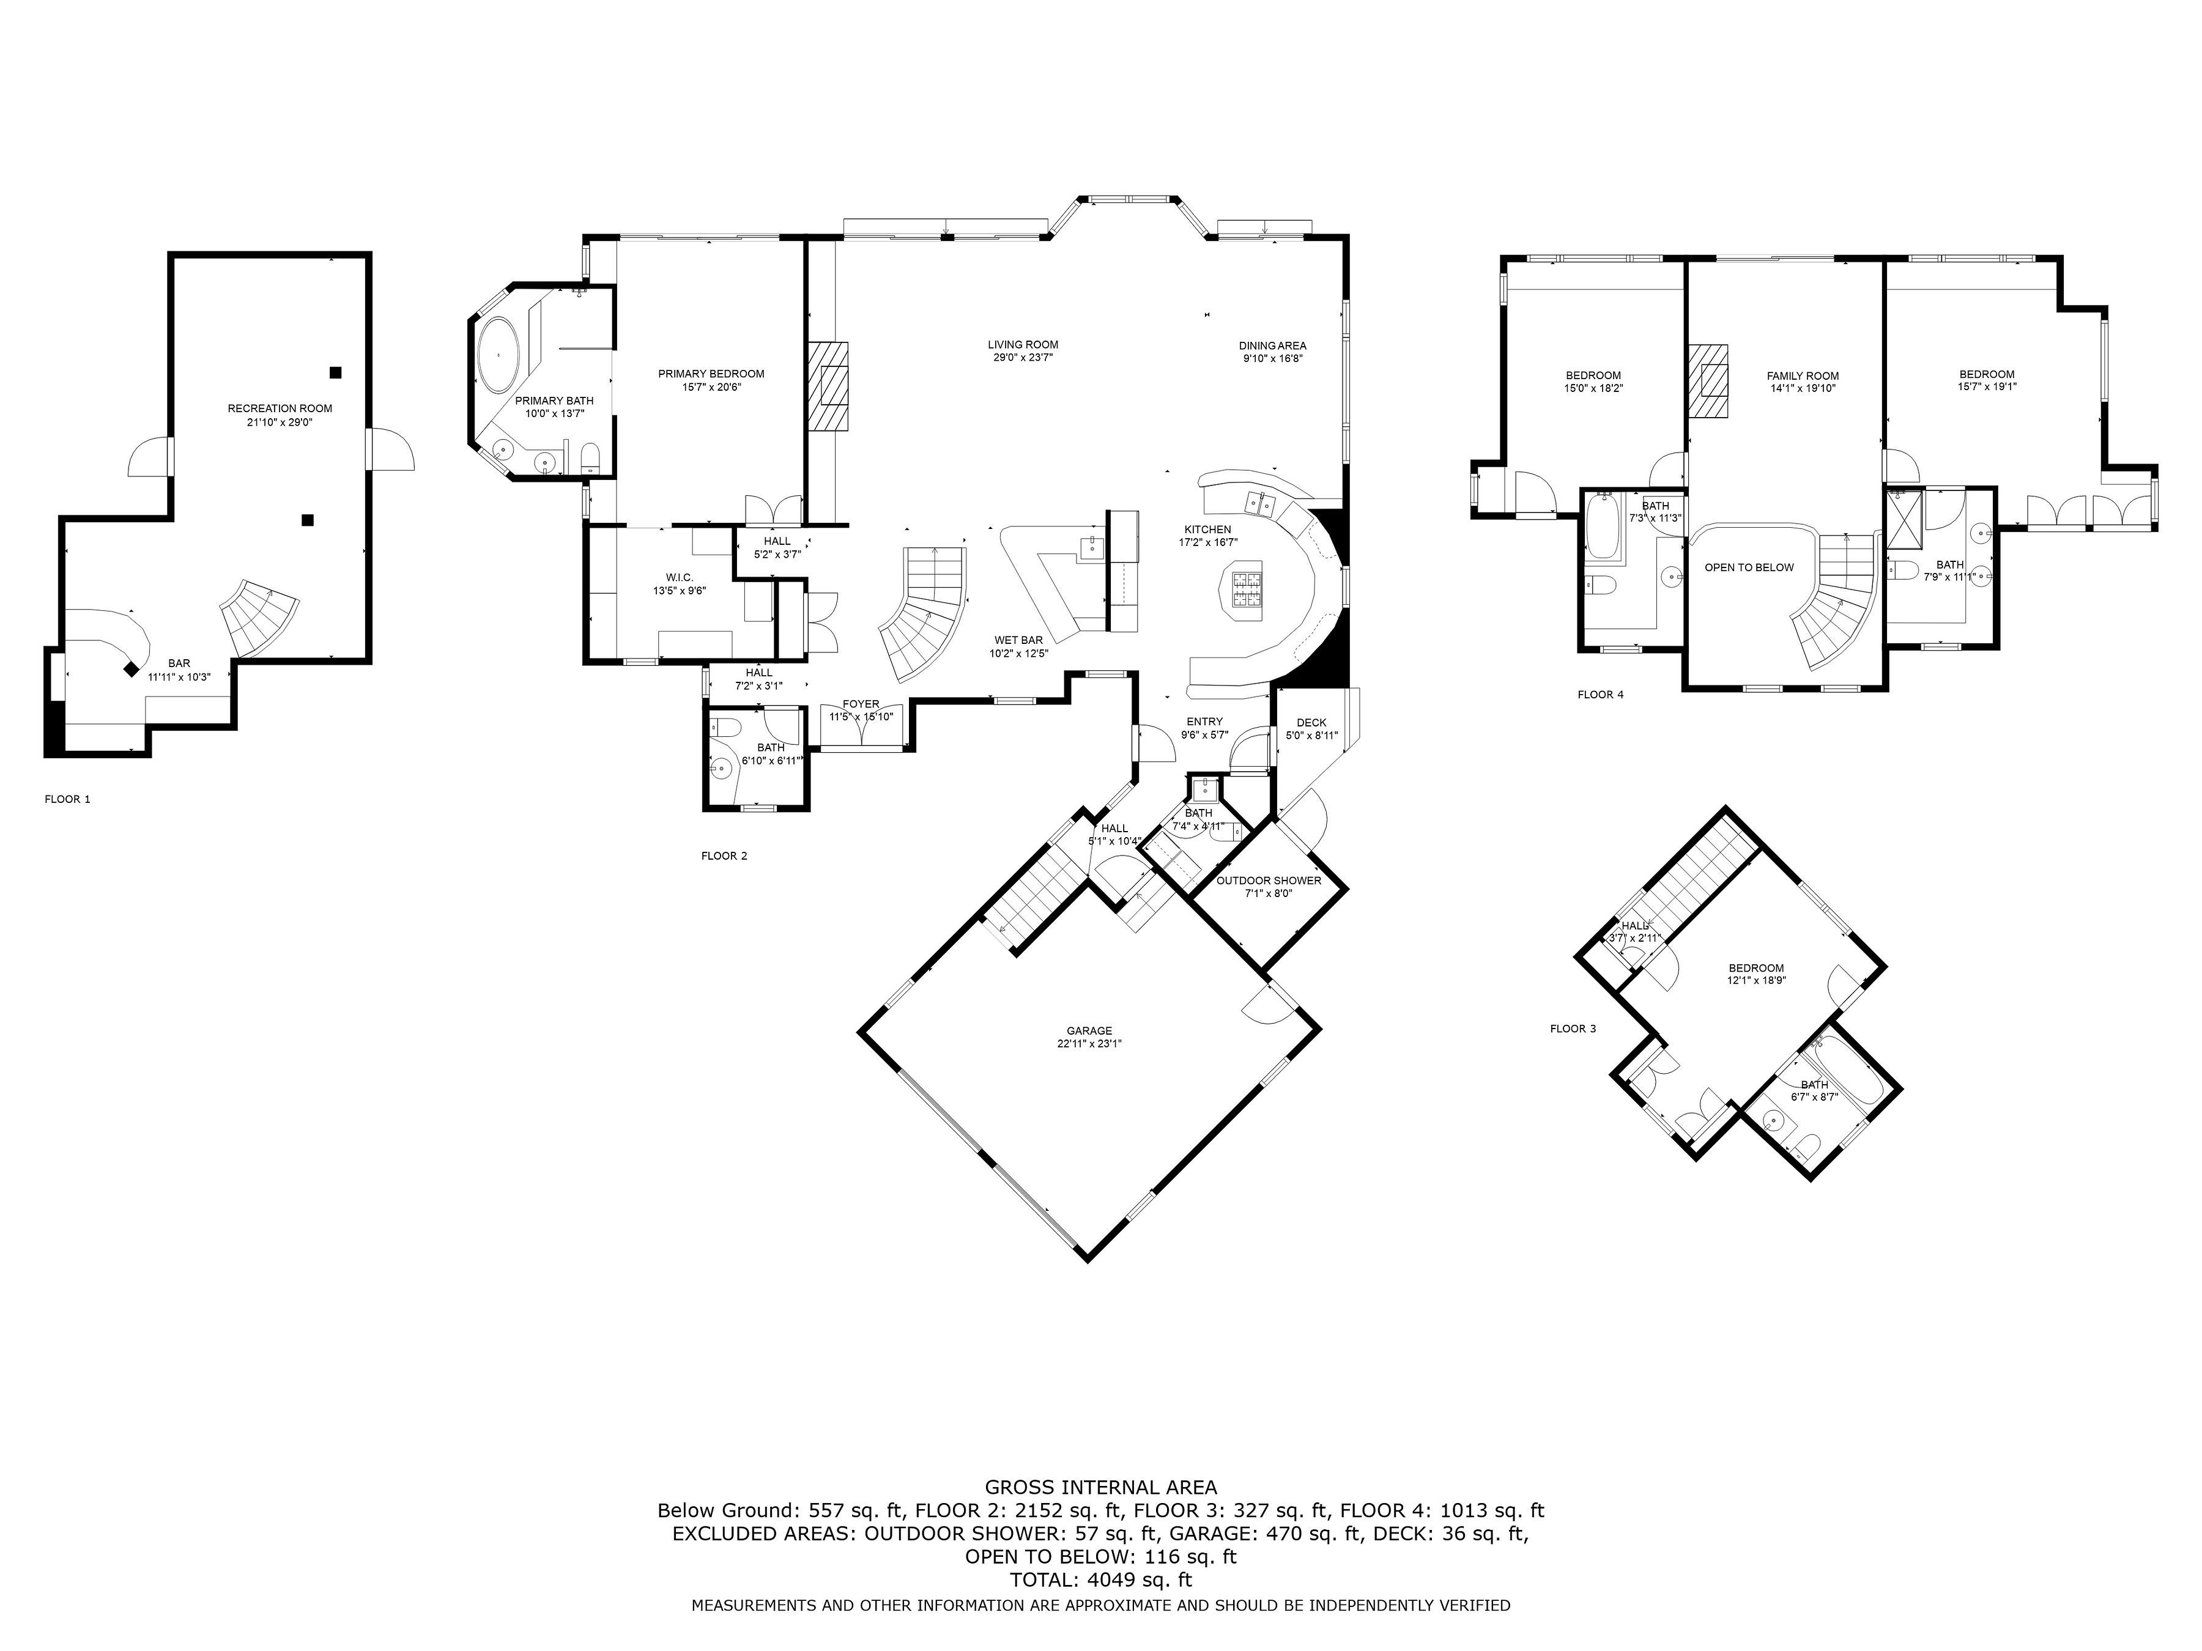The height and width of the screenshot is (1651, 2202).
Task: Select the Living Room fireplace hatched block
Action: (828, 386)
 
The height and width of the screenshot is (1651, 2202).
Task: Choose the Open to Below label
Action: (1749, 567)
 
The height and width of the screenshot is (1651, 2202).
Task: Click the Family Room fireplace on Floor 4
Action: (1709, 381)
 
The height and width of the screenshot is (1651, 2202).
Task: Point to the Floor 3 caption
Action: (1573, 1028)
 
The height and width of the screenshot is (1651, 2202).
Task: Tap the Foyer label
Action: (861, 704)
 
